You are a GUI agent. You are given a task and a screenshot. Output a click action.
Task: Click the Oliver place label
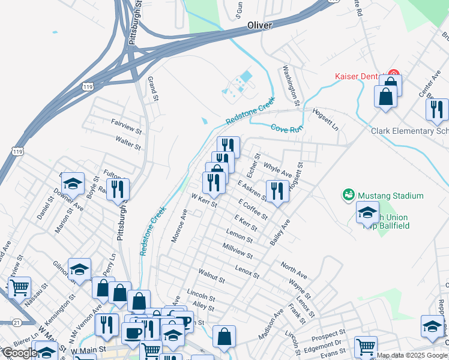pyautogui.click(x=259, y=25)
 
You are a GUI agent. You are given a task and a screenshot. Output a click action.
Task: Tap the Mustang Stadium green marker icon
pyautogui.click(x=348, y=195)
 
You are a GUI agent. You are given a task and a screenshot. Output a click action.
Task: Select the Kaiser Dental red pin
pyautogui.click(x=394, y=76)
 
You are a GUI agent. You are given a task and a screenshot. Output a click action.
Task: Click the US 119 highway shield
pyautogui.click(x=88, y=87)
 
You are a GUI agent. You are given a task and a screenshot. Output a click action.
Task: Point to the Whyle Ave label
pyautogui.click(x=277, y=171)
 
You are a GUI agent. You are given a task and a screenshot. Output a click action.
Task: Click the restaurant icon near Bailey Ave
pyautogui.click(x=277, y=191)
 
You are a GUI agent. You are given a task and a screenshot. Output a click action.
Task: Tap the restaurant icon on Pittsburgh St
pyautogui.click(x=118, y=190)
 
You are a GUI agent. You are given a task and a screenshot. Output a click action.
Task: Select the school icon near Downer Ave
pyautogui.click(x=73, y=183)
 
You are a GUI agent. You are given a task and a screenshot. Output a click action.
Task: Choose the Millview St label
pyautogui.click(x=237, y=252)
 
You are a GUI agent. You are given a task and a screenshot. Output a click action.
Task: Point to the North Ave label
pyautogui.click(x=294, y=271)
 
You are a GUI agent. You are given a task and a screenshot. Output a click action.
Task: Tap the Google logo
pyautogui.click(x=19, y=353)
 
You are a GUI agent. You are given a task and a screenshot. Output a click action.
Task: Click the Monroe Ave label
pyautogui.click(x=179, y=226)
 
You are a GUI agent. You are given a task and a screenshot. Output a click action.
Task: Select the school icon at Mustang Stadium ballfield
pyautogui.click(x=367, y=212)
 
